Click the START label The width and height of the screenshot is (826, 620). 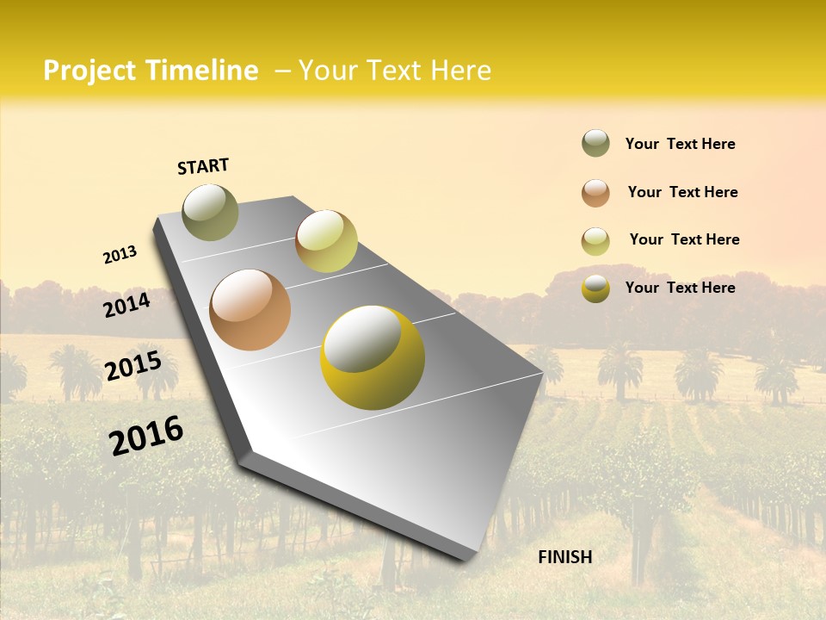[203, 166]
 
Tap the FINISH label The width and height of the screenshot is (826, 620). [565, 557]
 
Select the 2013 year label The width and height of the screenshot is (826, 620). [120, 255]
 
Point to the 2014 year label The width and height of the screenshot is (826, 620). [126, 305]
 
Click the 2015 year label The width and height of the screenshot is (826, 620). [133, 365]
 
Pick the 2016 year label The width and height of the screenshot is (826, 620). [146, 435]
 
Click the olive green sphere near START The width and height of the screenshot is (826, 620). [210, 212]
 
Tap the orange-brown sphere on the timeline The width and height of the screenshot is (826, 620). [250, 310]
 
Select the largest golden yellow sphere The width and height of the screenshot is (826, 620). [373, 357]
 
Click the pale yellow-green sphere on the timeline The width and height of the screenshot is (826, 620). [326, 241]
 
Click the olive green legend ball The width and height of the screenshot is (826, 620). [595, 143]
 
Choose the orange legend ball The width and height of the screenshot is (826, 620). [595, 193]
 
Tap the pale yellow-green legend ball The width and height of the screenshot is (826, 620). [595, 241]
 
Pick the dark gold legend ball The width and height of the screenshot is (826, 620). [595, 288]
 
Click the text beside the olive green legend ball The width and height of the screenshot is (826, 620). [680, 144]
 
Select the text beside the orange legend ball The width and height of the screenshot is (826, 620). [682, 192]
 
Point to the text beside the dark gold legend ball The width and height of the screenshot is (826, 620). [680, 288]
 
